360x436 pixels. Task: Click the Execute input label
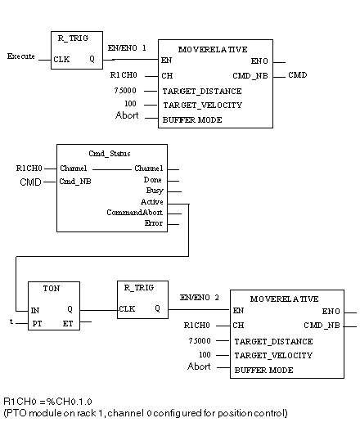[21, 56]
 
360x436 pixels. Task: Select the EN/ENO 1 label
[127, 48]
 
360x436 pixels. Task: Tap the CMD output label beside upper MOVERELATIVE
[297, 75]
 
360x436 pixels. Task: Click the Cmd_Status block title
[110, 154]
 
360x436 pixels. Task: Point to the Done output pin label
[152, 180]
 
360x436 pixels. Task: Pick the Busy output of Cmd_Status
[155, 191]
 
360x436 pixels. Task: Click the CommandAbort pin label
[135, 213]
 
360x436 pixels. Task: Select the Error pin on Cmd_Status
[154, 223]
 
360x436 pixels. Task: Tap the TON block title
[52, 289]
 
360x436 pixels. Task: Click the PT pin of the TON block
[37, 324]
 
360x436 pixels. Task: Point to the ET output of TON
[68, 324]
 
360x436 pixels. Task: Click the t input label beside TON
[11, 321]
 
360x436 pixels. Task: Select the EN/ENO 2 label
[199, 298]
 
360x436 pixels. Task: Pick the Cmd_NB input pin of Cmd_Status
[75, 182]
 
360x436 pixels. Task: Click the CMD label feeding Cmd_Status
[30, 182]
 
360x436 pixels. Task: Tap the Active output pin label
[152, 201]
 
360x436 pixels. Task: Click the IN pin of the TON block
[35, 310]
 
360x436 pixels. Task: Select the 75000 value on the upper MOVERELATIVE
[125, 91]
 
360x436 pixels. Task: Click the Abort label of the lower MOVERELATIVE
[199, 366]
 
